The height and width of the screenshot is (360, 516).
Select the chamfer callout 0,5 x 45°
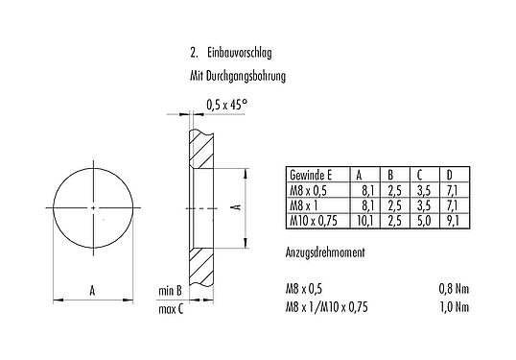click(228, 105)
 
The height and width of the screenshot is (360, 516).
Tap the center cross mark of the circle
click(92, 207)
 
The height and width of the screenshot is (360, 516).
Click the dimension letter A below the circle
click(92, 288)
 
